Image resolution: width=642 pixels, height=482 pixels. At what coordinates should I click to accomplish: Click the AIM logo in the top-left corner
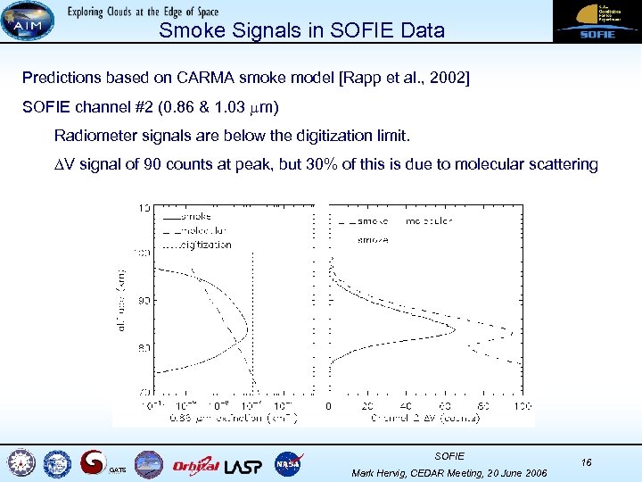pyautogui.click(x=27, y=21)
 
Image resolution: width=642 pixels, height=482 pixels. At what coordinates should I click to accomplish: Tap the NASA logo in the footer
pyautogui.click(x=289, y=463)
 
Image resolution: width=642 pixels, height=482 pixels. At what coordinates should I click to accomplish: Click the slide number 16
pyautogui.click(x=586, y=461)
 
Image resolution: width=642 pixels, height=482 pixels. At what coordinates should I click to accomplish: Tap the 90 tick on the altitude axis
pyautogui.click(x=143, y=300)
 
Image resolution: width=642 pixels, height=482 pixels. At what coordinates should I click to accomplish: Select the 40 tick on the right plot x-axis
pyautogui.click(x=407, y=406)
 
